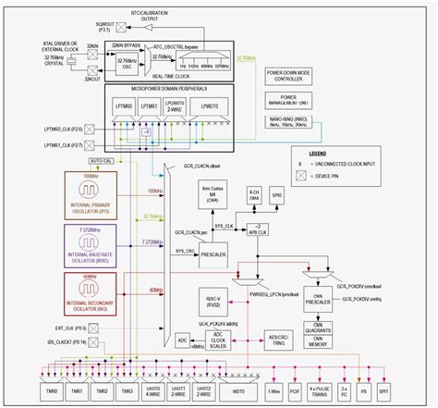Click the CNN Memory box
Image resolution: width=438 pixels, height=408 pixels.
(x=317, y=340)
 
